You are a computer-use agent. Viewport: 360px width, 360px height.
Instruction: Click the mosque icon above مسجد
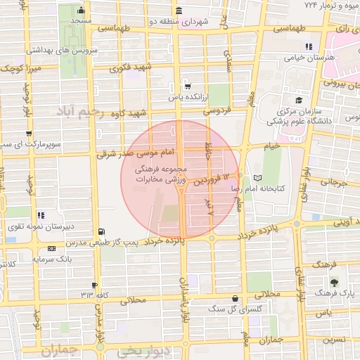click(82, 11)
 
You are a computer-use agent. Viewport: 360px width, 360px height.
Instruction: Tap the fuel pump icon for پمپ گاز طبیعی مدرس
click(104, 231)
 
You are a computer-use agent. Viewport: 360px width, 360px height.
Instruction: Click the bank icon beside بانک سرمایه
click(52, 248)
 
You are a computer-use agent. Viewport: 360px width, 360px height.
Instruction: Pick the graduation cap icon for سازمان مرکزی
click(299, 101)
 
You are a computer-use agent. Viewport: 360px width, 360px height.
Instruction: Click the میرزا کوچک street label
click(20, 69)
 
